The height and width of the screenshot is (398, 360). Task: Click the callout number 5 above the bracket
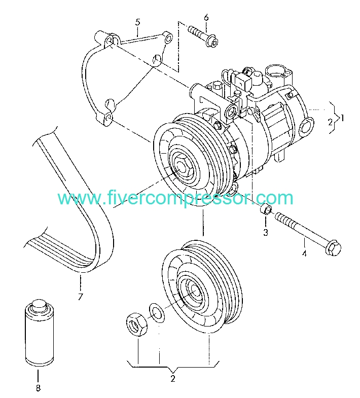coord(137,22)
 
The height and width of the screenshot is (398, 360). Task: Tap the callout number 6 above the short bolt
coord(206,18)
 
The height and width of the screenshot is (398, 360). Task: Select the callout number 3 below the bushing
coord(266,232)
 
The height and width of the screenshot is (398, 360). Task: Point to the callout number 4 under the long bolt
coord(304,253)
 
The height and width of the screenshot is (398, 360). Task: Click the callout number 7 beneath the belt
coord(81,297)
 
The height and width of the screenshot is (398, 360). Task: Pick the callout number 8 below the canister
coord(38,388)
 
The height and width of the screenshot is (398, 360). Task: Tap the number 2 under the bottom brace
coord(173,379)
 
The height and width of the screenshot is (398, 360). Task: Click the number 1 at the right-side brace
coord(342,118)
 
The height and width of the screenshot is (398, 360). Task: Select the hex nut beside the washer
coord(136,324)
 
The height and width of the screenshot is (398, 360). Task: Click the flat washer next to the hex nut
coord(156,312)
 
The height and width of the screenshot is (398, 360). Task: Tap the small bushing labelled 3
coord(266,209)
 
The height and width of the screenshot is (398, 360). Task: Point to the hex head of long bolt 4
coord(333,248)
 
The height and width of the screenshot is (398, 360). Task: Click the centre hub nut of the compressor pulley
coord(183,166)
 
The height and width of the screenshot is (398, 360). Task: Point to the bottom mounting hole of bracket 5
coord(109,118)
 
